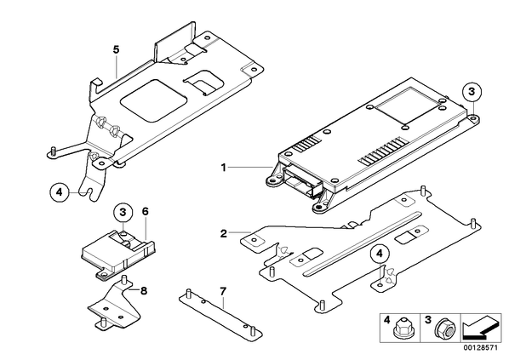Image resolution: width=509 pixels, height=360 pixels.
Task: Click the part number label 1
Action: tap(223, 168)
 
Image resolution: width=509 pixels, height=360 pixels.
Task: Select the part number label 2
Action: tap(224, 233)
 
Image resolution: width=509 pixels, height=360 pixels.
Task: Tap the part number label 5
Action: tap(117, 49)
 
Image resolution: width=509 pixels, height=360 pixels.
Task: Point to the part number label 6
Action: tap(145, 212)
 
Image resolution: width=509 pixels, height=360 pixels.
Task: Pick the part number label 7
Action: tap(223, 291)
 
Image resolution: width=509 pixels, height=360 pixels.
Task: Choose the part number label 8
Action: tap(144, 290)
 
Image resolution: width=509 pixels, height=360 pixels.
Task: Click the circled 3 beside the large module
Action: tap(472, 92)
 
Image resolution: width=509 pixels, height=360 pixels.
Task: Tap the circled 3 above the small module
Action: tap(123, 212)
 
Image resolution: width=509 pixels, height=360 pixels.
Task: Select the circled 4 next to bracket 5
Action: tap(60, 192)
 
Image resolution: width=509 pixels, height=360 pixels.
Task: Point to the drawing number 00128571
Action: tap(480, 348)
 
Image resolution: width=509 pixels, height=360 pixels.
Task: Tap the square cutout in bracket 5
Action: tap(153, 100)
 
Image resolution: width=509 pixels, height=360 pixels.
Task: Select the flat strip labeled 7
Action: tap(220, 313)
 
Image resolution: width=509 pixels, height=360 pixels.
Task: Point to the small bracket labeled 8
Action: tap(113, 306)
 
